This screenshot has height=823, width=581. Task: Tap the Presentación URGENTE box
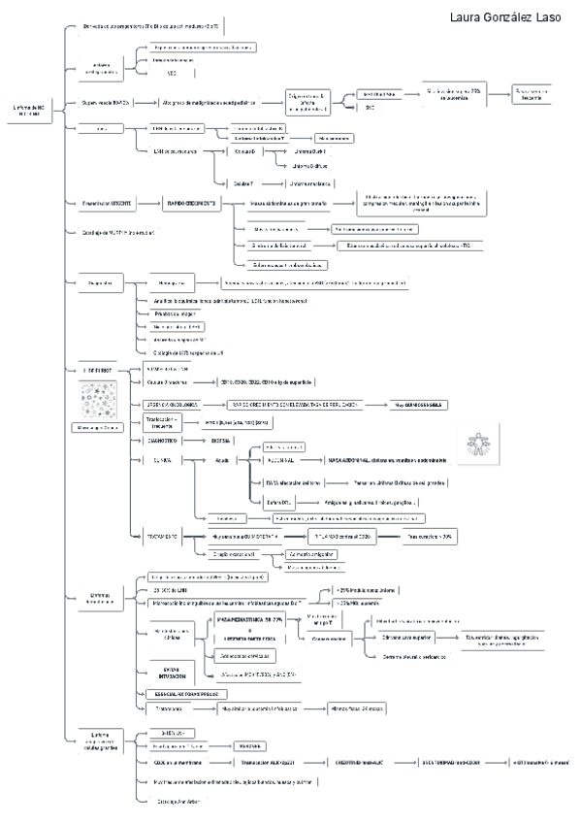[107, 202]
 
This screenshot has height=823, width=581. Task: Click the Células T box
[243, 182]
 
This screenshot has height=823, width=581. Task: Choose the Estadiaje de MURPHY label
[115, 233]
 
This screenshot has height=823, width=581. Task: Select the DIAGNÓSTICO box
[166, 441]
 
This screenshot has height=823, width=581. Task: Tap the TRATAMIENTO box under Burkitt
[166, 536]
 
